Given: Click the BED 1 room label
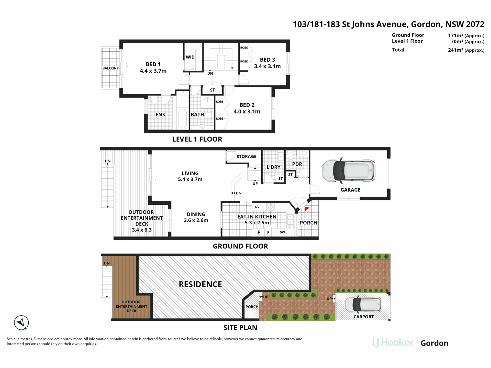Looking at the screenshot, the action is pyautogui.click(x=153, y=64).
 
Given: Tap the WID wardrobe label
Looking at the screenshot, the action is pyautogui.click(x=190, y=57).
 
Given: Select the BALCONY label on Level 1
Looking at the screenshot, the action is pyautogui.click(x=110, y=68).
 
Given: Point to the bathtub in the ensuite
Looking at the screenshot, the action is pyautogui.click(x=182, y=118).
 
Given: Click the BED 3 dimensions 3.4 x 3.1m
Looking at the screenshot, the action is pyautogui.click(x=267, y=66).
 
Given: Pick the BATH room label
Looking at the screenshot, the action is pyautogui.click(x=197, y=114).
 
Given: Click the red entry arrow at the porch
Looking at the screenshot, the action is pyautogui.click(x=307, y=209).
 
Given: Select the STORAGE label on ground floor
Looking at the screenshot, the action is pyautogui.click(x=246, y=156).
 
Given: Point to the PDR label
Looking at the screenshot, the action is pyautogui.click(x=297, y=164).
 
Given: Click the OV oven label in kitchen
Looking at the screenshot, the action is pyautogui.click(x=257, y=207).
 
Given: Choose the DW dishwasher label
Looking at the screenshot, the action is pyautogui.click(x=282, y=232).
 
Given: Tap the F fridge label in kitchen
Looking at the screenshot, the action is pyautogui.click(x=259, y=233).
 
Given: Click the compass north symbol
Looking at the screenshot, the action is pyautogui.click(x=21, y=323).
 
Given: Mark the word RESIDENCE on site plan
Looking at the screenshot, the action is pyautogui.click(x=200, y=284).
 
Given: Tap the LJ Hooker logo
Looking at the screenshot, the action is pyautogui.click(x=393, y=343).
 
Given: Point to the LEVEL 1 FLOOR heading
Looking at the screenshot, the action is pyautogui.click(x=197, y=139).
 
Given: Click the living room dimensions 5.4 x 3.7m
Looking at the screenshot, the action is pyautogui.click(x=190, y=179).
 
